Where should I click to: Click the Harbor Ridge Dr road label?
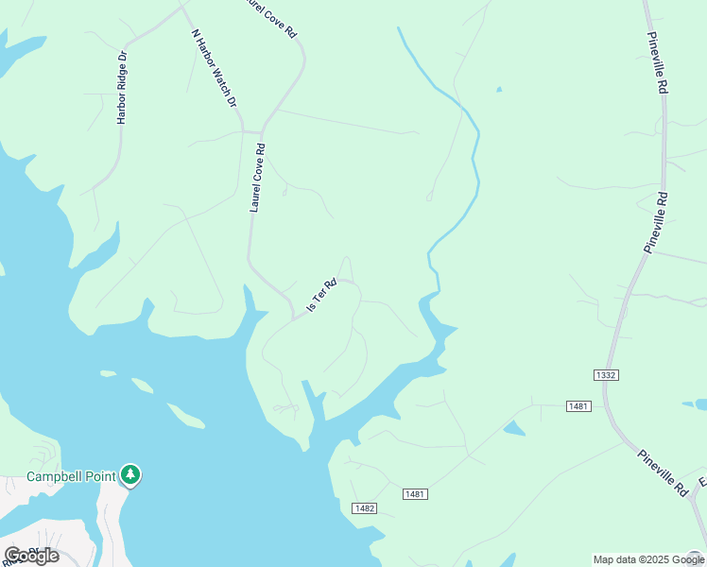click(121, 88)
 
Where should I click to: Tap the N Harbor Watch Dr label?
click(214, 68)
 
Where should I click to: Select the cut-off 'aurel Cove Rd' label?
click(270, 18)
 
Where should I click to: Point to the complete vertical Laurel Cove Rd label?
click(257, 178)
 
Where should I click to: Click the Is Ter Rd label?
click(321, 296)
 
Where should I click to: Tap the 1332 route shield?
click(606, 375)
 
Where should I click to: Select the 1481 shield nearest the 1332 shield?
click(578, 405)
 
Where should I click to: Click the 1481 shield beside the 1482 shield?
click(415, 494)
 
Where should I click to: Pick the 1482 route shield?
click(365, 508)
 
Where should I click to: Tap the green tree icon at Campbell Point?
click(131, 474)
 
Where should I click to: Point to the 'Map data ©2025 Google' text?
click(648, 559)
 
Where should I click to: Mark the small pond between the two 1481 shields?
click(514, 429)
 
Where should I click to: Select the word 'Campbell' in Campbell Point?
click(52, 475)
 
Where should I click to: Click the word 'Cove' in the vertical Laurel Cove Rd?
click(256, 176)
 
